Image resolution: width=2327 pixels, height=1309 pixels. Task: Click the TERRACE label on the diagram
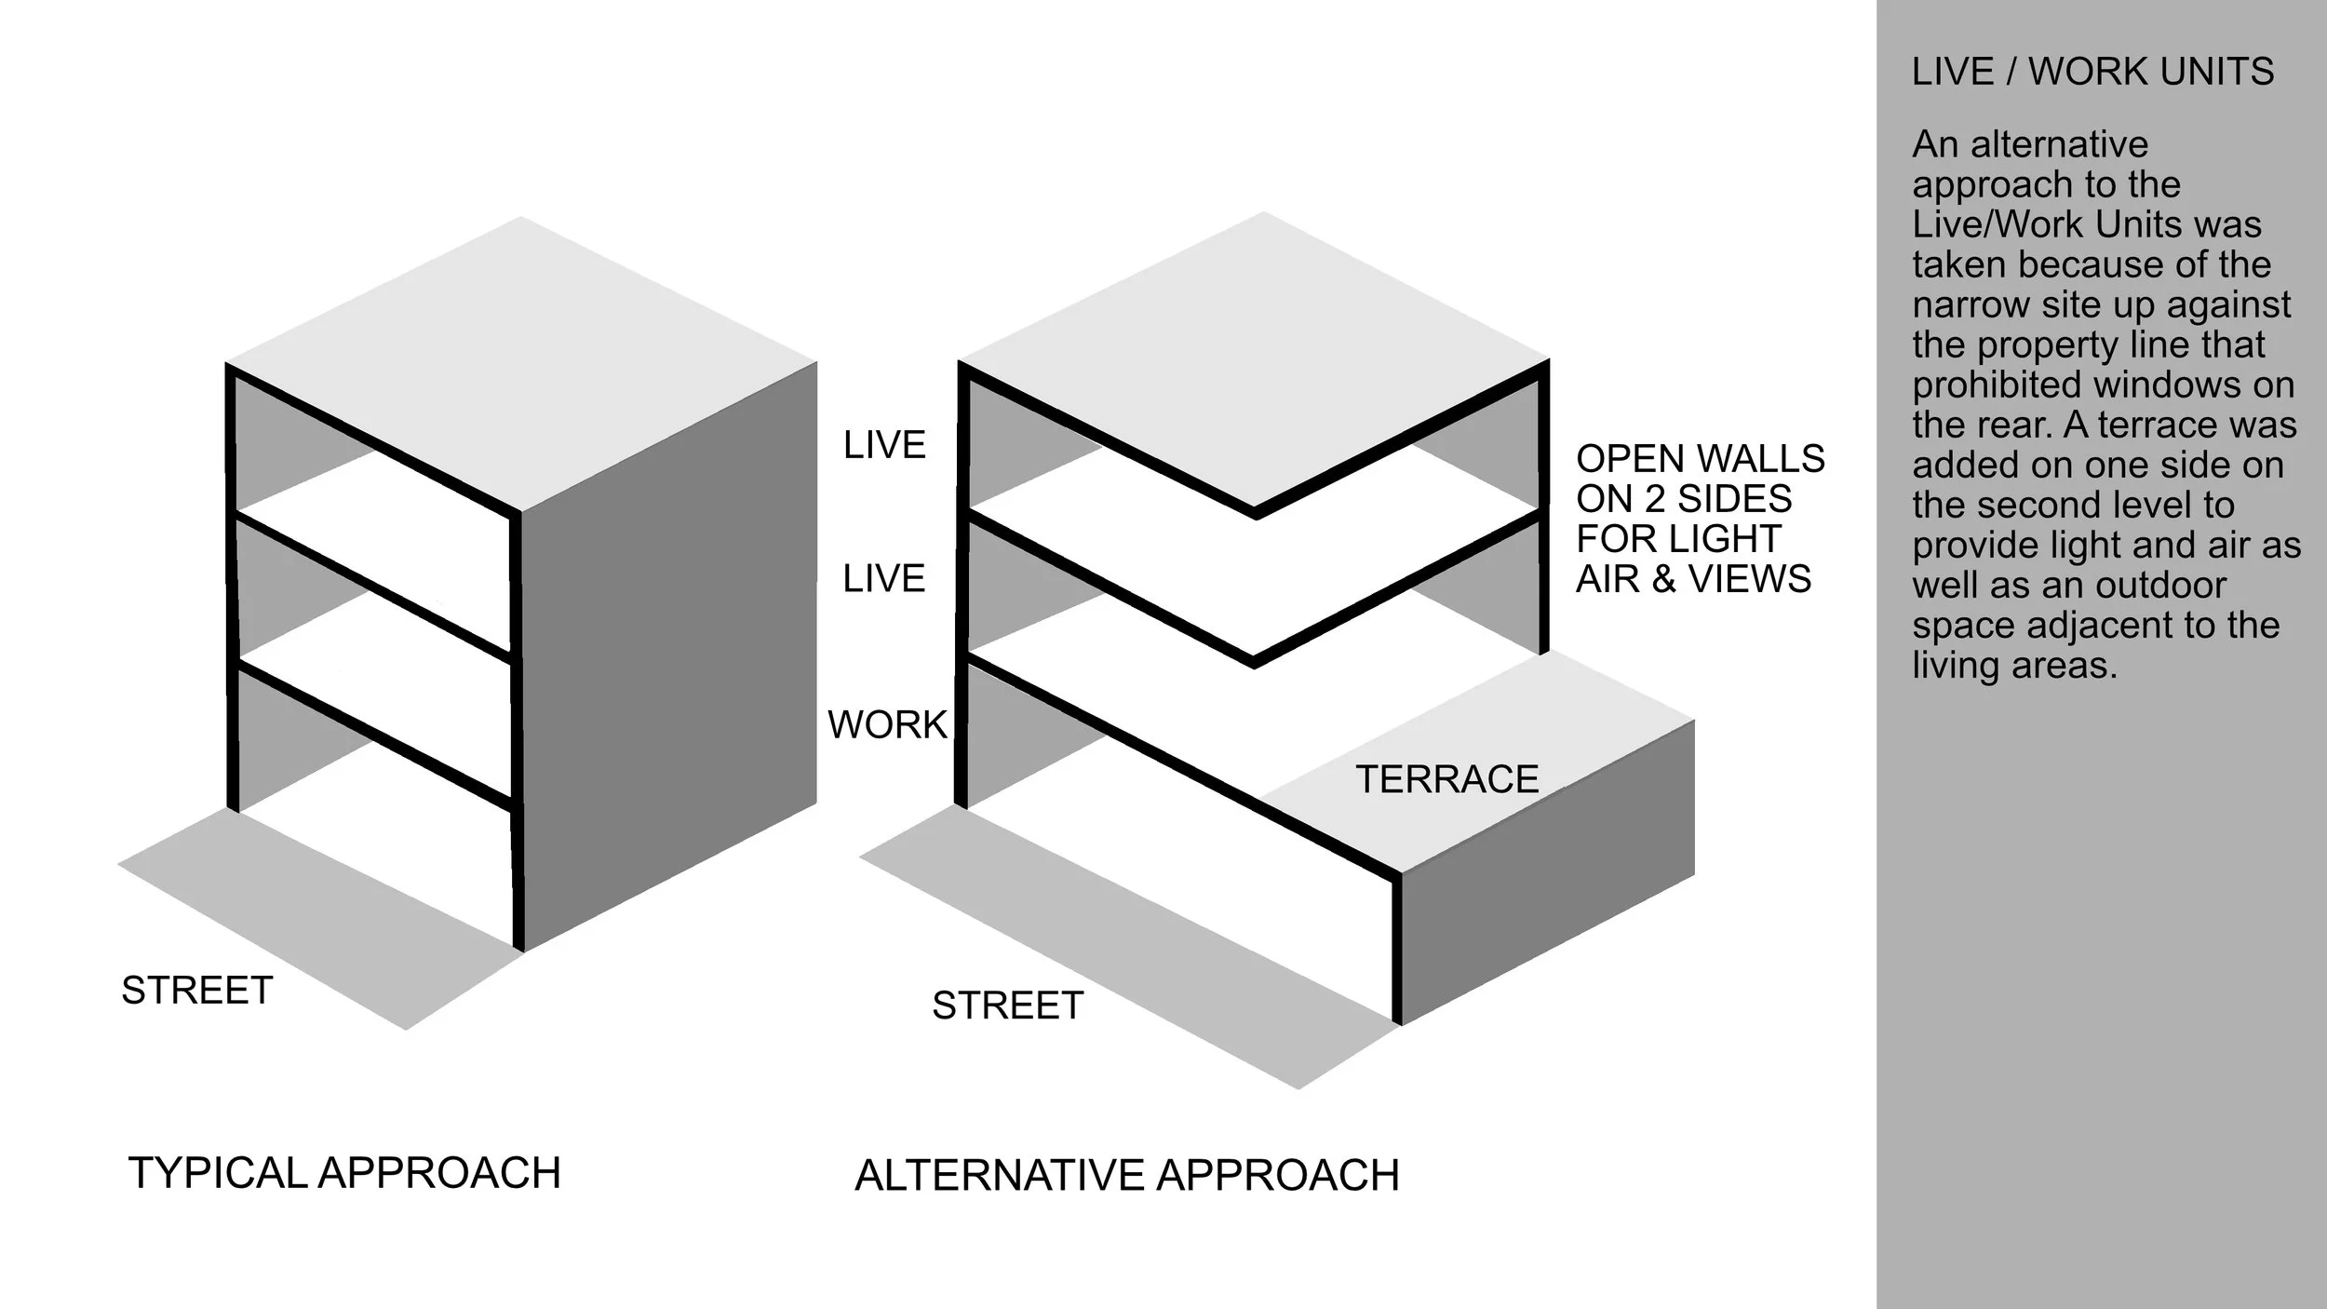click(1446, 779)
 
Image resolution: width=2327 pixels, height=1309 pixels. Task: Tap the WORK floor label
click(886, 724)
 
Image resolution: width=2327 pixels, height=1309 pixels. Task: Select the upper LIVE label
click(884, 445)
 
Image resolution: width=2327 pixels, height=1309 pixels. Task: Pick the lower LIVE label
click(884, 578)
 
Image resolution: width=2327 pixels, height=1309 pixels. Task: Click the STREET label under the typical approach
click(196, 991)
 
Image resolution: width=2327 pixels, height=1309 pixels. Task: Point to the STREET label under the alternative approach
click(1008, 1005)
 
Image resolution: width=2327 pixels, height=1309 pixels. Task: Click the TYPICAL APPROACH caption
click(344, 1172)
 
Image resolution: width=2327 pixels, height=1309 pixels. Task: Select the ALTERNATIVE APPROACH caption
click(1126, 1175)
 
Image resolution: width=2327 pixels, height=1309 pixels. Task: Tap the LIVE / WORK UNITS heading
click(2092, 72)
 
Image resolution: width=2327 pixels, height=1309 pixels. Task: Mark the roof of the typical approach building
click(521, 363)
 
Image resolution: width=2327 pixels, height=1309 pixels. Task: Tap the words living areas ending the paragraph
click(2014, 665)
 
